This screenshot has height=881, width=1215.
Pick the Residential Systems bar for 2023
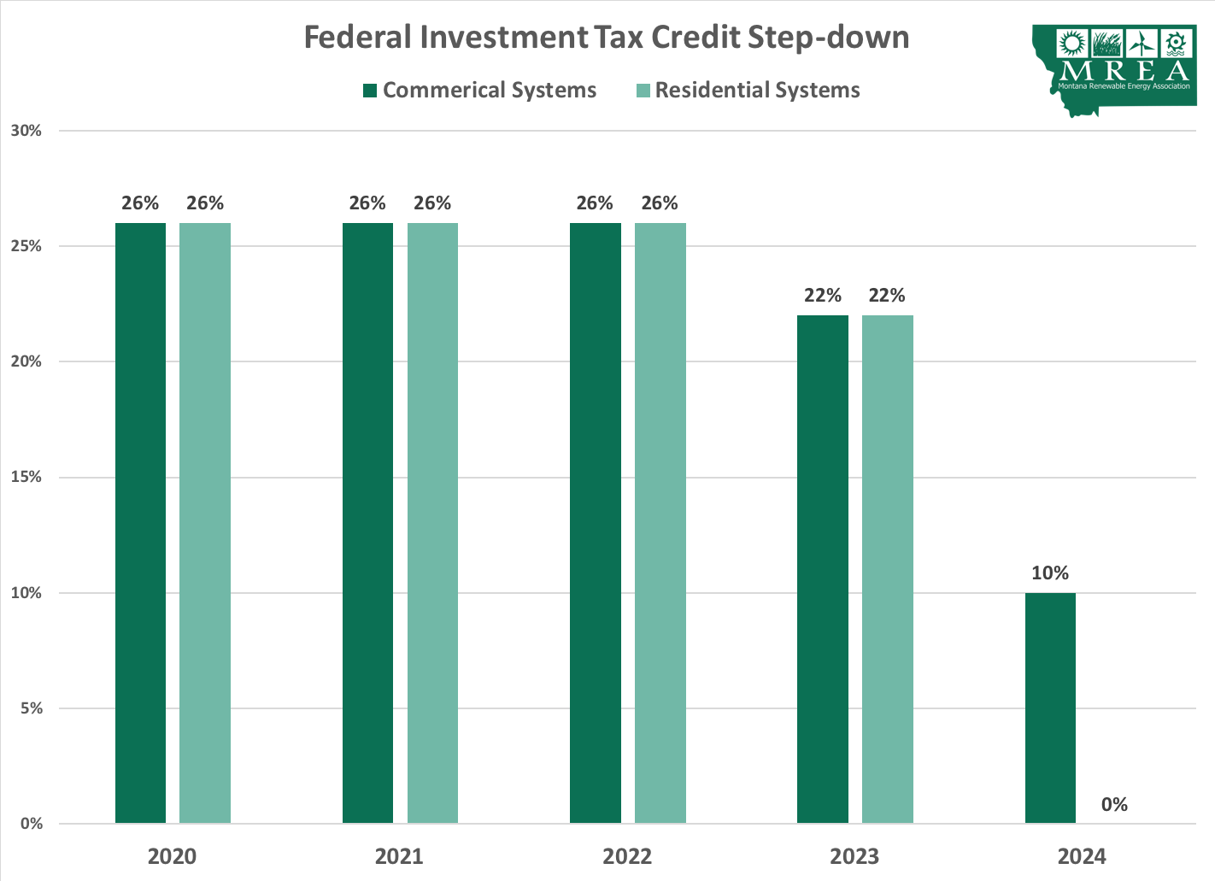tap(887, 569)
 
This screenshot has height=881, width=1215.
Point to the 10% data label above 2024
tap(1050, 573)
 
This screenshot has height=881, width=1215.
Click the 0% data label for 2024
tap(1114, 804)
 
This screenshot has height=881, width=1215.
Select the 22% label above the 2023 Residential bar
tap(887, 296)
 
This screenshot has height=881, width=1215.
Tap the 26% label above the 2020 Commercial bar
tap(140, 203)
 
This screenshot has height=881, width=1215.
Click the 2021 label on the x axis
tap(399, 856)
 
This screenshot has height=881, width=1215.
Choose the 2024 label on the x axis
tap(1082, 856)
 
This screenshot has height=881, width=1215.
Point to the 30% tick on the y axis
tap(26, 131)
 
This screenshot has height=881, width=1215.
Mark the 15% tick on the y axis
tap(26, 477)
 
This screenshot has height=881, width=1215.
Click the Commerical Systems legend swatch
tap(370, 91)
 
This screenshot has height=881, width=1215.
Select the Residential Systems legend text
tap(757, 91)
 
